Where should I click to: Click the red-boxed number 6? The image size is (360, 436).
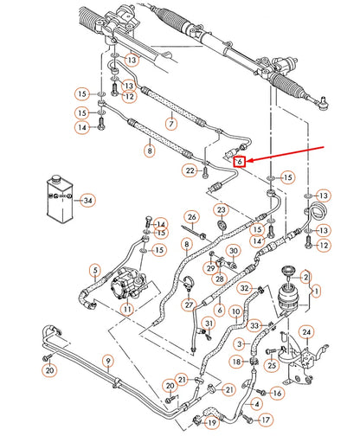click(x=240, y=162)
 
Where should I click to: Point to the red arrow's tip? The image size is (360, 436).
click(x=246, y=161)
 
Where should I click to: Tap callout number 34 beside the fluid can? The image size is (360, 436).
click(x=87, y=201)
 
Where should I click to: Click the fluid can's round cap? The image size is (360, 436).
click(x=55, y=179)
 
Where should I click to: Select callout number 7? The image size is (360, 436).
click(x=171, y=124)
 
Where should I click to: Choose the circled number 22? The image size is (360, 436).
click(x=190, y=170)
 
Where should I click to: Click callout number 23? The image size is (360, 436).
click(x=221, y=210)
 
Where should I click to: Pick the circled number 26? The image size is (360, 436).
click(x=192, y=217)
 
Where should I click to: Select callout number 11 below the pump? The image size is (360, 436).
click(x=127, y=309)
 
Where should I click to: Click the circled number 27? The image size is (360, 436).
click(x=189, y=305)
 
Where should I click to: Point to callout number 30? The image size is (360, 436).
click(x=234, y=251)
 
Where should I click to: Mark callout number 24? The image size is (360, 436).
click(x=306, y=332)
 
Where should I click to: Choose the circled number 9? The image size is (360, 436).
click(x=108, y=361)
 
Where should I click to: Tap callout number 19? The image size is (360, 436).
click(x=212, y=423)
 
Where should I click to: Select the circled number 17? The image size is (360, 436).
click(x=266, y=420)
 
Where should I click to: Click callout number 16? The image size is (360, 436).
click(x=277, y=393)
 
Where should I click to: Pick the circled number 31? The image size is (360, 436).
click(x=209, y=324)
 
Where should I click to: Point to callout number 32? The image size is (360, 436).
click(x=245, y=288)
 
